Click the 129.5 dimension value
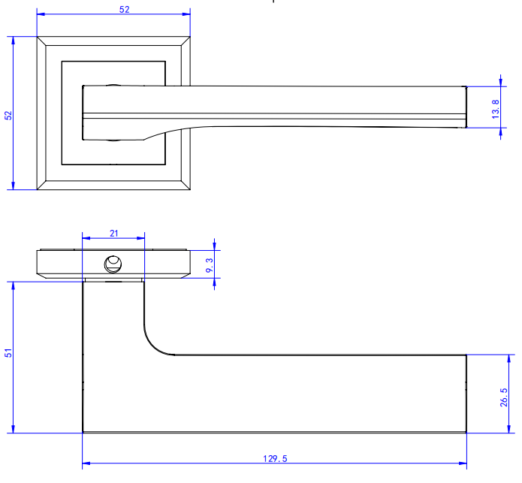[x=275, y=459]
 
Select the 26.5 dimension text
[x=504, y=397]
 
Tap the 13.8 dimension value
[x=496, y=109]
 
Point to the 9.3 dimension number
[x=210, y=265]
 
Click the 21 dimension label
[x=114, y=234]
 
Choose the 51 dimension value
[x=8, y=353]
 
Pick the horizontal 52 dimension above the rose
[x=124, y=9]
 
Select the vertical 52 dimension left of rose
[x=8, y=116]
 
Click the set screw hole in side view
[x=113, y=264]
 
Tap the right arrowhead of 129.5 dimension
[x=463, y=463]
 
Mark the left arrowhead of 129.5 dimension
[x=86, y=463]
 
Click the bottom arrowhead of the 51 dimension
[x=14, y=429]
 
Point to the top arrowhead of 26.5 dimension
[x=508, y=359]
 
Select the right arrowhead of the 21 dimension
[x=140, y=238]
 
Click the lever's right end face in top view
[x=466, y=107]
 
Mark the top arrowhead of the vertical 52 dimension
[x=14, y=41]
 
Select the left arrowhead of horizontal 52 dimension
[x=41, y=14]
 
